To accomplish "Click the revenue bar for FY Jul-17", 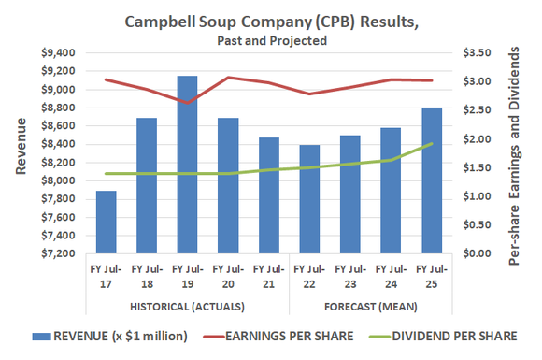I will (106, 223).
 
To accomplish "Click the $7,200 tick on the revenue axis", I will (60, 253).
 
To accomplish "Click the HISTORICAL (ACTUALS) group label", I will (187, 307).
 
